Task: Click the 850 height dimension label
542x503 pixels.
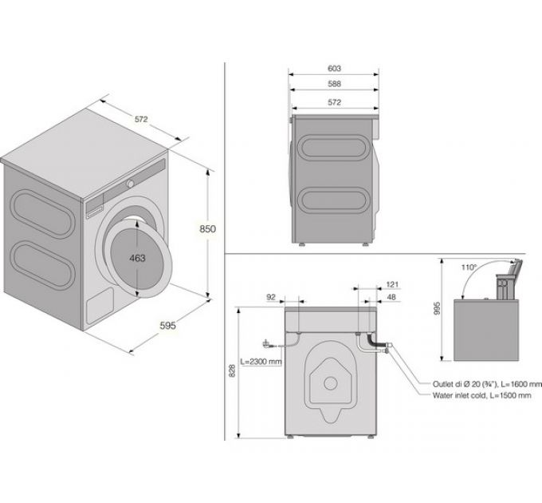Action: point(208,229)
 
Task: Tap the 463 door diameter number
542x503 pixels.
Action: point(137,258)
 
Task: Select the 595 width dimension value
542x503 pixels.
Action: point(167,326)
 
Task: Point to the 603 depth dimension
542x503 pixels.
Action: point(334,69)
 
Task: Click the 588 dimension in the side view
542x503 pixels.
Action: point(334,84)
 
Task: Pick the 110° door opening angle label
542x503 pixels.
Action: point(469,267)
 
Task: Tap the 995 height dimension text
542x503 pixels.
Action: point(438,308)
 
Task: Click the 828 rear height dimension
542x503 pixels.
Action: point(232,370)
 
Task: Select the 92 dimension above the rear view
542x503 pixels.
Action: point(271,297)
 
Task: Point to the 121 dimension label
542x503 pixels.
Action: point(392,284)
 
